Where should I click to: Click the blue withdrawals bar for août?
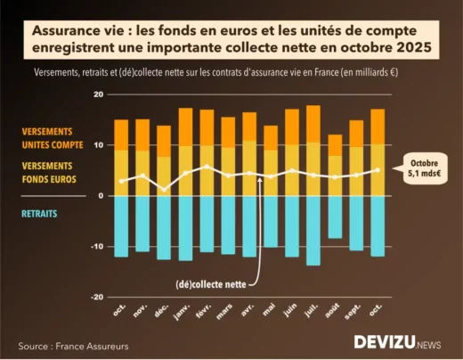[335, 217]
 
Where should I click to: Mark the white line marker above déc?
[164, 189]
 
